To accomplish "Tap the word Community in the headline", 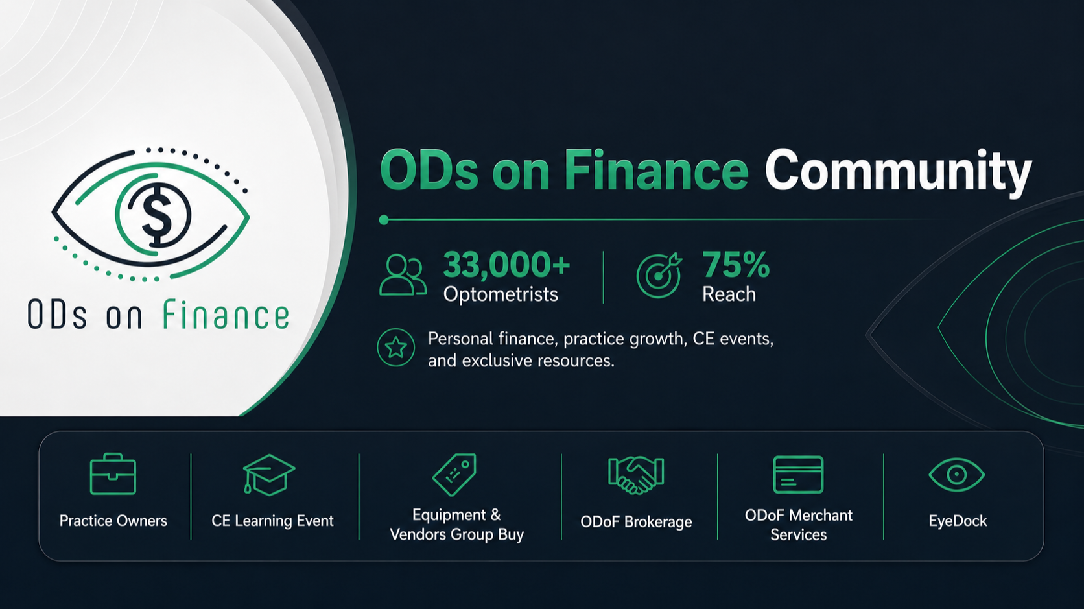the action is point(898,172).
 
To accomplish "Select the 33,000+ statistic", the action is point(507,265).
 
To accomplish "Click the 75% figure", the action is point(736,265).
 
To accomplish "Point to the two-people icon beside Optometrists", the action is point(403,275).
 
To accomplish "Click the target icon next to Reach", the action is point(659,275).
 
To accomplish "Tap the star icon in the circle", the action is point(396,348).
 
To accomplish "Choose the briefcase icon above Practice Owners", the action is point(113,474).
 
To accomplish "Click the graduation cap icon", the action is point(268,475).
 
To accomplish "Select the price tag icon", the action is point(454,474).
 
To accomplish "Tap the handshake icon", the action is point(636,475).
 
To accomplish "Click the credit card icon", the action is point(798,474).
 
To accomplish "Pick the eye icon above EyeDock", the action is point(957,474).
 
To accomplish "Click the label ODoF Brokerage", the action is point(636,522).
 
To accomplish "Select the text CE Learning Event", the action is point(272,521).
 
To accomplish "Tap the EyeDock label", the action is point(958,521).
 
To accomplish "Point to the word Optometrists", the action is point(501,294).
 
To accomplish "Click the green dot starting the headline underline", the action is point(384,220).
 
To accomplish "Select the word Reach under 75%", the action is point(729,294).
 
